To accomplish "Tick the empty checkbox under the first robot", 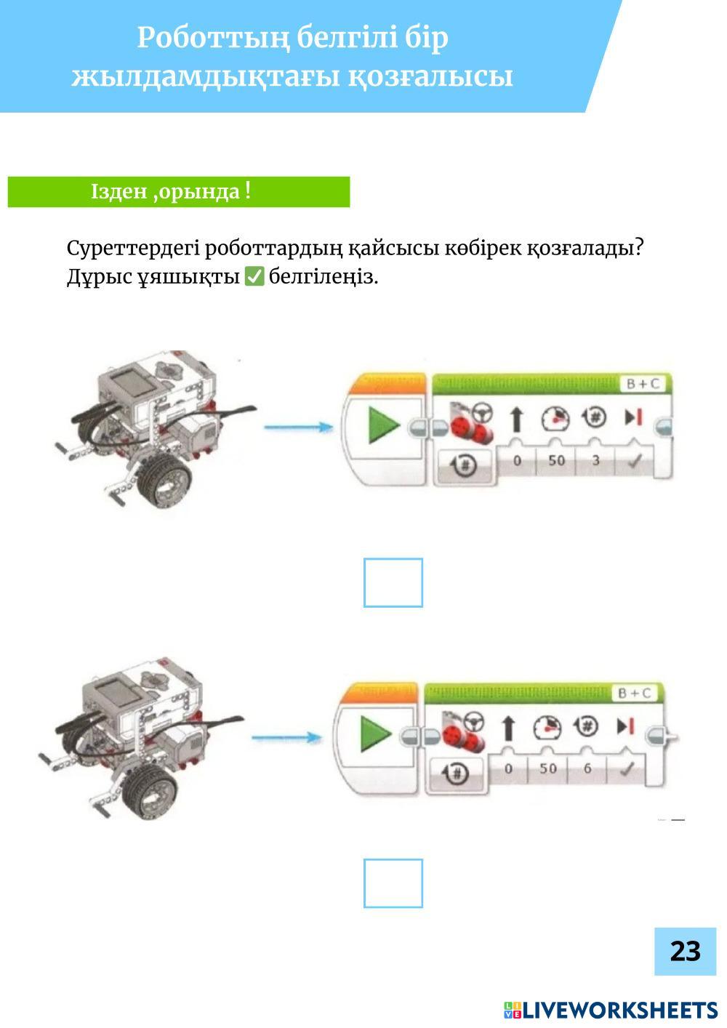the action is point(393,582).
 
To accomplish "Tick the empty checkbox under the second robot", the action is point(393,883).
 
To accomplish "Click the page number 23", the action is point(686,951).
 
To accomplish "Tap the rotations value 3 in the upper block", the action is point(595,460).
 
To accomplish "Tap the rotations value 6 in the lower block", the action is point(587,768).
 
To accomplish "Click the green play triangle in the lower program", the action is point(376,734).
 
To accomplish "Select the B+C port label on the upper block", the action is point(643,384).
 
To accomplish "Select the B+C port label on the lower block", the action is point(635,693).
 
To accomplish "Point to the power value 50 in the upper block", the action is point(556,460).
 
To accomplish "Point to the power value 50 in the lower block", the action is point(548,768).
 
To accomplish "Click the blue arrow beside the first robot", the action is point(299,427).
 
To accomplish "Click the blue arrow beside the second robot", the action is point(287,737).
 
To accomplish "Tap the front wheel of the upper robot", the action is point(164,481).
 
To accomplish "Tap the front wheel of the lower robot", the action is point(150,791).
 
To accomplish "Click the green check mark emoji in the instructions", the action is point(254,277).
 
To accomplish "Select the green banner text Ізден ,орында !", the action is point(171,191).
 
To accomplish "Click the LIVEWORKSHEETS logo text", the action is point(619,1010).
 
